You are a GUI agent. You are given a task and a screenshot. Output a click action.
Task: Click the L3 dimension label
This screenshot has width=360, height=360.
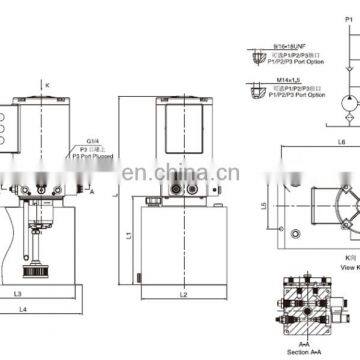[19, 294]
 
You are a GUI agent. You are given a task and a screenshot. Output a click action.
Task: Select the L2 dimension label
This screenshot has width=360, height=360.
[182, 294]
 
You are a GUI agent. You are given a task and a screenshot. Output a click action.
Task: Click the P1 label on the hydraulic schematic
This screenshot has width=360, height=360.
[348, 18]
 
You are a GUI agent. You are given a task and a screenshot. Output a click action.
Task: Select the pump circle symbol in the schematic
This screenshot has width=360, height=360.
[345, 103]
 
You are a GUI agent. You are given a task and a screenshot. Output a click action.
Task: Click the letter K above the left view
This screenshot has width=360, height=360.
[46, 86]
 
